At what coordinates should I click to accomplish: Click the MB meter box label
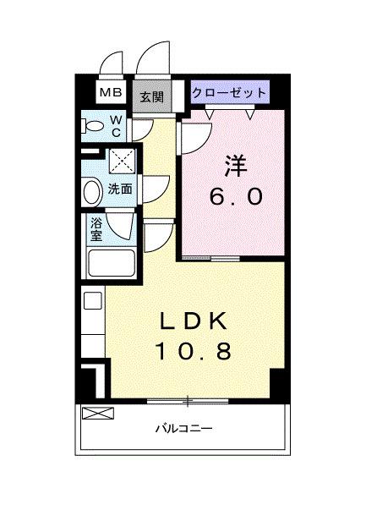pos(111,92)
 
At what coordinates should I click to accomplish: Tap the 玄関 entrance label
pos(151,96)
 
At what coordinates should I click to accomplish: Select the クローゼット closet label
pos(229,92)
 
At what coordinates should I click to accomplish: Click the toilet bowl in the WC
pos(91,127)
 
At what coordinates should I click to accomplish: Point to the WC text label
pos(116,126)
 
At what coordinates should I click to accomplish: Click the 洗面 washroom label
pos(120,189)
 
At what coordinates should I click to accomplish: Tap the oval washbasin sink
pos(93,193)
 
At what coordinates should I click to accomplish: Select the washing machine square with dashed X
pos(123,162)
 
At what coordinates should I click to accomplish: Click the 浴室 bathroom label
pos(96,229)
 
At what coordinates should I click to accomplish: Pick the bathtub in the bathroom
pos(112,263)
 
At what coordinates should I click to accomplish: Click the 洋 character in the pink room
pos(237,166)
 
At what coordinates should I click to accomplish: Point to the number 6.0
pos(236,197)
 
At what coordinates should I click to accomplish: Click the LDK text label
pos(194,321)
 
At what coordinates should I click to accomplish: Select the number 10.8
pos(194,351)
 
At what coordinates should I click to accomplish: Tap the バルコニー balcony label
pos(183,428)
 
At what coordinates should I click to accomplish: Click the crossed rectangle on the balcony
pos(98,413)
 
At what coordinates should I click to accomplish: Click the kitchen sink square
pos(93,300)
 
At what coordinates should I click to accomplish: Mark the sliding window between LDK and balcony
pos(188,401)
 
